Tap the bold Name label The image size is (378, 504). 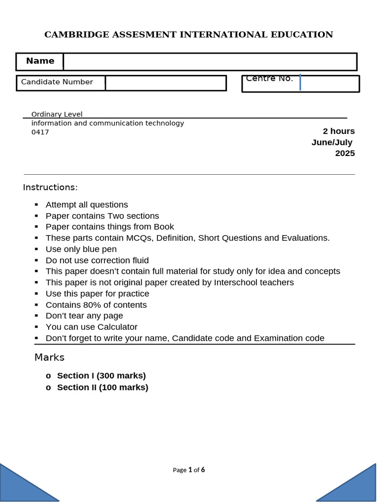coord(40,61)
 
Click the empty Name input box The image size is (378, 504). coord(210,62)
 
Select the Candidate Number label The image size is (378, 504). coord(57,82)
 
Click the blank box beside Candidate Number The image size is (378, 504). coord(165,83)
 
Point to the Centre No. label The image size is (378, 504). coord(269,79)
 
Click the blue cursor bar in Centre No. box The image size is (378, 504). coord(300,83)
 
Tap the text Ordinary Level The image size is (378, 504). coord(57,114)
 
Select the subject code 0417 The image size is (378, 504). coord(40,132)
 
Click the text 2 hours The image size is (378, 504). coord(339,131)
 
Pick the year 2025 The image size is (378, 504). coord(345,153)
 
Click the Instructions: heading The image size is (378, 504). coord(50,188)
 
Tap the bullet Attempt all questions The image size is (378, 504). coord(87,205)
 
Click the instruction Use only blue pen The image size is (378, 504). coord(81,249)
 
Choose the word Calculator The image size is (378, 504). coord(117,327)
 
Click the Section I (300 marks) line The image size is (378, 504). coord(101,376)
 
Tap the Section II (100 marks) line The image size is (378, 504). coord(102,387)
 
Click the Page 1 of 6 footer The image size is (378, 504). coord(189,470)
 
